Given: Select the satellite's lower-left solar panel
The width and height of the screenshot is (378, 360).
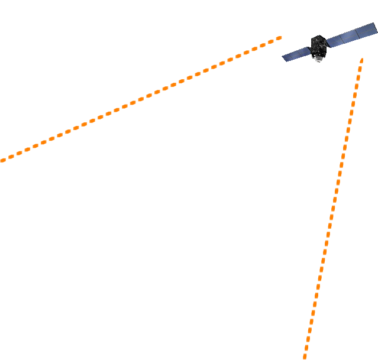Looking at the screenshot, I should pyautogui.click(x=295, y=54).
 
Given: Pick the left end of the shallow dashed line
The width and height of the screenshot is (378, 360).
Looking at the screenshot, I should pyautogui.click(x=2, y=160).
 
